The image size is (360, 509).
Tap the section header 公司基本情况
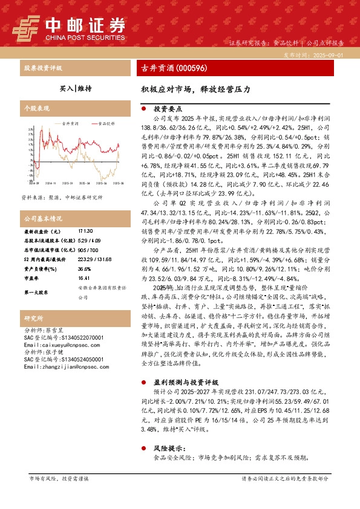tap(42, 218)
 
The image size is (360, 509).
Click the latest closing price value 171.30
tap(85, 232)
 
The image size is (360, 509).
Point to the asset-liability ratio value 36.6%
tap(84, 269)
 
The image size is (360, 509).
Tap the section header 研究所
tap(33, 318)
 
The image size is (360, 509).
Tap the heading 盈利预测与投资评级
tap(186, 382)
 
